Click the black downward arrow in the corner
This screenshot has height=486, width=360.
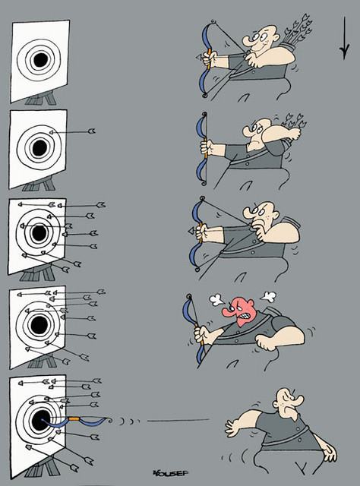[x=344, y=38]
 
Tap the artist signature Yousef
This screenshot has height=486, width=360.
[x=170, y=473]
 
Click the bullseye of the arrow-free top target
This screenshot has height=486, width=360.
[x=40, y=60]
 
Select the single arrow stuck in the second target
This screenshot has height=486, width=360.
[x=72, y=131]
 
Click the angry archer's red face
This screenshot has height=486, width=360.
[x=240, y=311]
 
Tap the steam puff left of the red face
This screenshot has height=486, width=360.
[x=217, y=299]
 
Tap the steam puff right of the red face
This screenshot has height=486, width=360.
[x=269, y=297]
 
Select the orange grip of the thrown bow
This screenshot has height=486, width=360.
[x=74, y=418]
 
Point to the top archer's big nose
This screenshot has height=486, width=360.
[x=249, y=42]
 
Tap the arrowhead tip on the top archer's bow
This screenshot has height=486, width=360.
[x=199, y=58]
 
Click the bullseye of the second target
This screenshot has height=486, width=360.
[x=39, y=148]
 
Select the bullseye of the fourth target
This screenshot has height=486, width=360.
[x=39, y=324]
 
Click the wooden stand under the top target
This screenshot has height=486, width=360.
[x=41, y=98]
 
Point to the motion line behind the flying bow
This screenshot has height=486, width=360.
[x=178, y=421]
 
